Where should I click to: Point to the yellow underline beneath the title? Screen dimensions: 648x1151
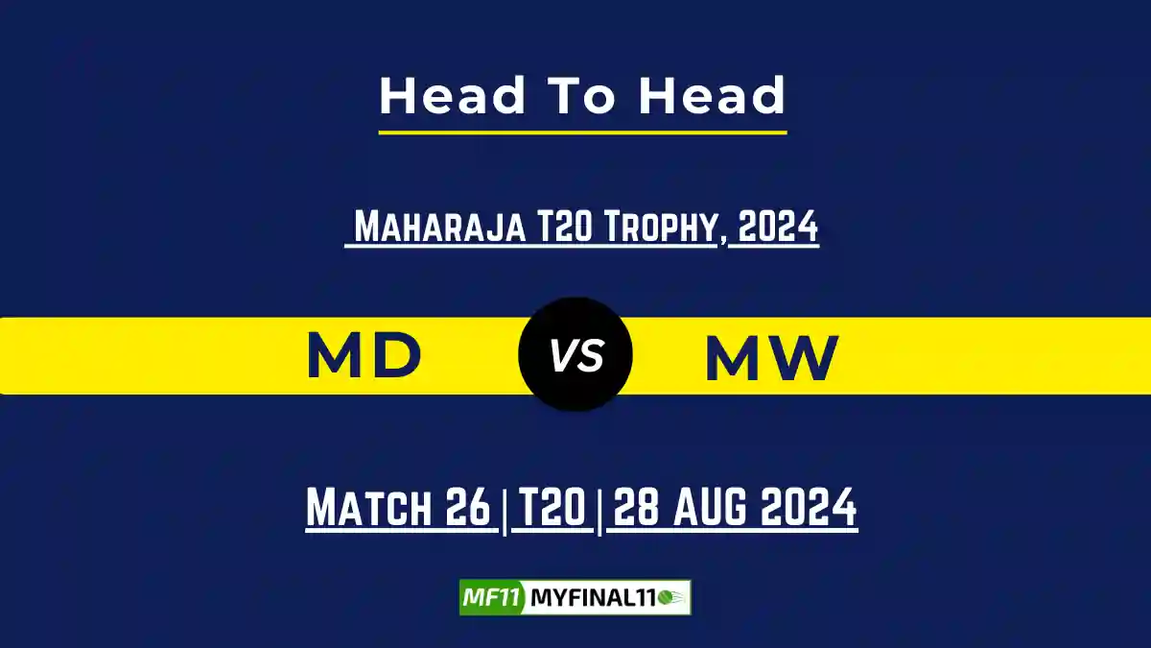582,132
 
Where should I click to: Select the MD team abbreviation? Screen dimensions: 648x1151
364,356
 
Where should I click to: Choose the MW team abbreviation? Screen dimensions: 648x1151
772,358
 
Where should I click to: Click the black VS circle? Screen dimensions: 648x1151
575,356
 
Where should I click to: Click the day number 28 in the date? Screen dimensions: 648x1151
632,508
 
